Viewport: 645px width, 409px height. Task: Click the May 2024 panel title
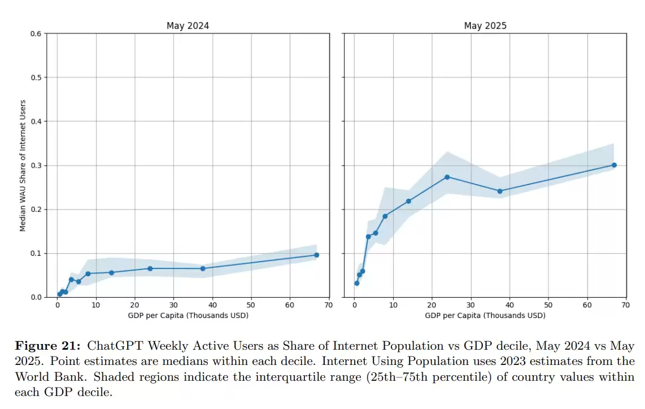[188, 26]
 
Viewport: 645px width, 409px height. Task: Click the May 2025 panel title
[485, 26]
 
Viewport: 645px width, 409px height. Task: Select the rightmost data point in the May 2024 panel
[316, 255]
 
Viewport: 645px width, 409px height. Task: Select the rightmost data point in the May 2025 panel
[614, 165]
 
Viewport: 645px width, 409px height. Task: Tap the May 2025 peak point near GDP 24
[447, 177]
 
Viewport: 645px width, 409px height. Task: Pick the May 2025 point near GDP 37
[500, 191]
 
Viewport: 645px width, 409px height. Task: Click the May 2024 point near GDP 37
[202, 268]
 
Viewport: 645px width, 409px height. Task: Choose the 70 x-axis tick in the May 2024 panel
[329, 306]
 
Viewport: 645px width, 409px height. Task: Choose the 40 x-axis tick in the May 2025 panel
[509, 306]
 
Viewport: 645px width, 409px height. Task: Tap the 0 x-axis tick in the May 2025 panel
[354, 306]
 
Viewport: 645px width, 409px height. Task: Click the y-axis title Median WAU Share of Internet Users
[23, 166]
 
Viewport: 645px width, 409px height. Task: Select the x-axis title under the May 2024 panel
[188, 315]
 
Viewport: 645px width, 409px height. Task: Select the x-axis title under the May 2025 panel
[485, 315]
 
